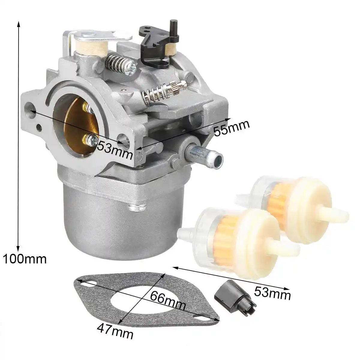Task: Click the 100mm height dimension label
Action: click(25, 259)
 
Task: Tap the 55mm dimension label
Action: click(231, 127)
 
